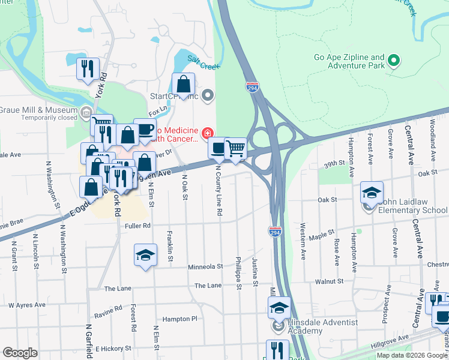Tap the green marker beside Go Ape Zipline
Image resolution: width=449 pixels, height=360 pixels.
[x=394, y=60]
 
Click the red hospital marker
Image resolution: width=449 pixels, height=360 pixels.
[x=207, y=133]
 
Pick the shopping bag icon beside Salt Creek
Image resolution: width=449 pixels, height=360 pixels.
[x=183, y=84]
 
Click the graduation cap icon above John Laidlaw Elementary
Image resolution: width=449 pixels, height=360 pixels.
[x=372, y=193]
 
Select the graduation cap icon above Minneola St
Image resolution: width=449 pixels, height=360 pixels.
[x=145, y=256]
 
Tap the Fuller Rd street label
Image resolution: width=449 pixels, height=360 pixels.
[x=137, y=226]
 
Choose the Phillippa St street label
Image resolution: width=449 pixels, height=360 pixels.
[x=238, y=274]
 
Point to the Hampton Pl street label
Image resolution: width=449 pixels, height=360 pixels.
[x=179, y=319]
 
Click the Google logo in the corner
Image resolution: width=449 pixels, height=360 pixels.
[x=20, y=353]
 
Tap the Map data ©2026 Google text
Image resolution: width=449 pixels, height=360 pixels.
[x=412, y=355]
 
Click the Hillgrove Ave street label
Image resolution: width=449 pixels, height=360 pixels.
[x=389, y=346]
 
